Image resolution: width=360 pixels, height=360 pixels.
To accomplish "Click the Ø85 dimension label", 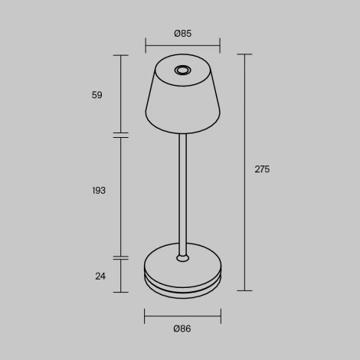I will click(x=182, y=33).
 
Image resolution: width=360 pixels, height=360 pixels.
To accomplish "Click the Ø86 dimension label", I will click(x=182, y=329).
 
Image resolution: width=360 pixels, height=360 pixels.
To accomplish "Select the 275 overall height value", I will click(x=262, y=169).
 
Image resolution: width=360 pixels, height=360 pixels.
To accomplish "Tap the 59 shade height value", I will click(x=97, y=95).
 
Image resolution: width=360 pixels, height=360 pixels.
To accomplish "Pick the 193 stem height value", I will click(x=98, y=190).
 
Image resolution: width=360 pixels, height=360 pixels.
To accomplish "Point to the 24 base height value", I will click(x=100, y=276).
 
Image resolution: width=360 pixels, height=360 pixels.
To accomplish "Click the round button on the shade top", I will click(x=182, y=71).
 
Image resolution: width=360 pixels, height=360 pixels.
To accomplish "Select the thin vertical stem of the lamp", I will click(x=182, y=191).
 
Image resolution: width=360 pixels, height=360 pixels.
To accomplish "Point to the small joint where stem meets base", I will click(x=182, y=257).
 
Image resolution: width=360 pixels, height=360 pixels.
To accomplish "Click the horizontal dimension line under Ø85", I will click(x=182, y=46).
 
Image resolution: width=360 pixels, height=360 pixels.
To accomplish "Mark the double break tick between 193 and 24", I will click(x=121, y=258).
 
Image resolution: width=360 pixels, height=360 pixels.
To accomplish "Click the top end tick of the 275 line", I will click(x=245, y=54).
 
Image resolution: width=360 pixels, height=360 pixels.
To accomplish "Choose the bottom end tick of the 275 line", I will click(x=245, y=291).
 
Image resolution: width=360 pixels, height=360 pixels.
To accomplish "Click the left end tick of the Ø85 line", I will click(x=146, y=46).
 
